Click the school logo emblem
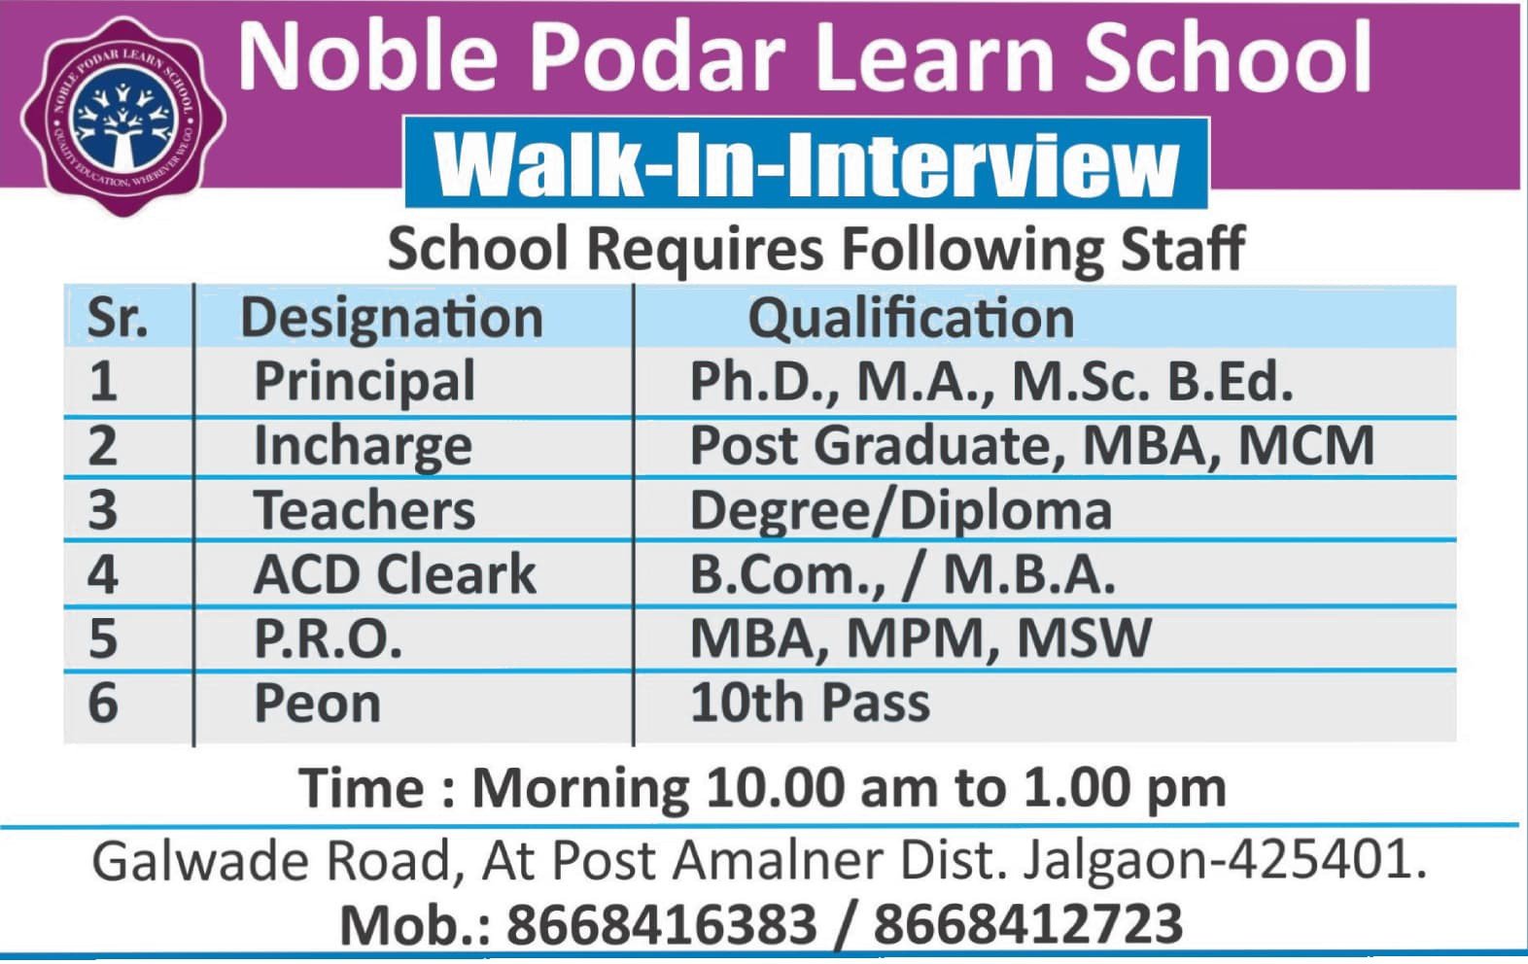point(123,117)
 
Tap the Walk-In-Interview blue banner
point(807,162)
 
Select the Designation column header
point(392,319)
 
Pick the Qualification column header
point(912,319)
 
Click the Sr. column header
point(118,319)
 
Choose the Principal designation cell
point(365,382)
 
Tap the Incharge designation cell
point(363,447)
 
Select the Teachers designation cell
point(365,510)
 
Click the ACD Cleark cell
point(395,574)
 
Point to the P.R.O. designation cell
point(328,639)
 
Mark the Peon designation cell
point(317,704)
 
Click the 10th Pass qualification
point(811,703)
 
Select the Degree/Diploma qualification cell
point(901,511)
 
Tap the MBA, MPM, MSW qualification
point(920,639)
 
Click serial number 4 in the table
point(102,574)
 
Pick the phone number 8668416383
point(662,924)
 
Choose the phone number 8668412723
point(1028,924)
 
